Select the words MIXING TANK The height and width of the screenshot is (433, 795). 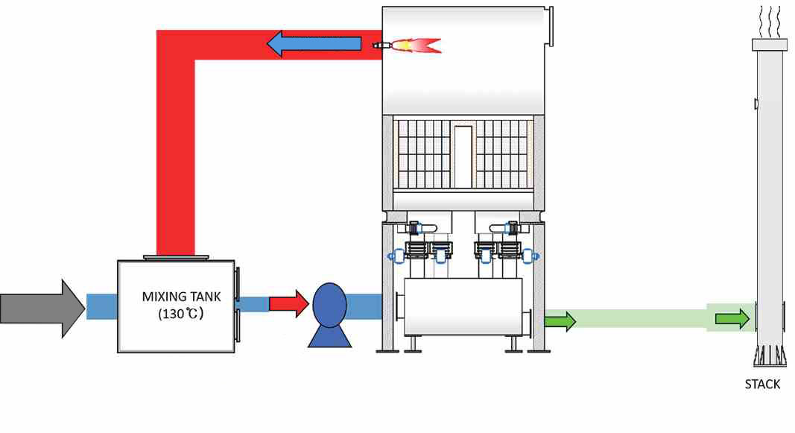click(177, 296)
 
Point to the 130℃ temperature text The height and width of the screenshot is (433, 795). click(180, 314)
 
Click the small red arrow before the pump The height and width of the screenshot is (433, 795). click(288, 303)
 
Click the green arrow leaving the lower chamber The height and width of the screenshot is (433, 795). click(560, 321)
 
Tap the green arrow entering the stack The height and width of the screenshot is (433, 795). click(732, 319)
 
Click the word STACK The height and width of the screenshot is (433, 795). click(762, 385)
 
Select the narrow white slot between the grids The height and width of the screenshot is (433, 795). click(463, 155)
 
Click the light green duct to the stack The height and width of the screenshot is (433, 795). click(641, 318)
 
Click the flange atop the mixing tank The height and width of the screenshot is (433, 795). click(176, 257)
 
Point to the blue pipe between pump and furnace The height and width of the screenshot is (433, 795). click(365, 304)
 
